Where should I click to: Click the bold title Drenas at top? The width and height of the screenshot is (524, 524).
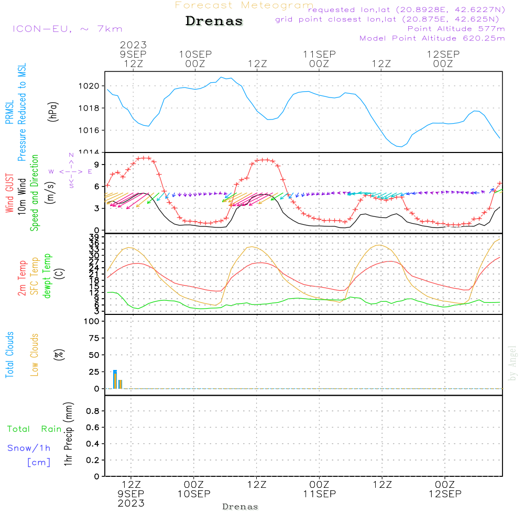(214, 21)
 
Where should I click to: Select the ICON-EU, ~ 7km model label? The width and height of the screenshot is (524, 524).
(67, 29)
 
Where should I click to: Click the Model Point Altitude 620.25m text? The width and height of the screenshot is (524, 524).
(432, 38)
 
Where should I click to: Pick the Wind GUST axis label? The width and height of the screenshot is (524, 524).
(9, 194)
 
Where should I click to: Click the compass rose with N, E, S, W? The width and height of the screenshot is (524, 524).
(71, 171)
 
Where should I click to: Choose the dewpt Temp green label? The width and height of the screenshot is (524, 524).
(47, 276)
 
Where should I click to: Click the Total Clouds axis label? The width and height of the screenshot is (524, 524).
(9, 355)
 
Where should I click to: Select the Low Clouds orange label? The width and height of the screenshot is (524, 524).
(35, 355)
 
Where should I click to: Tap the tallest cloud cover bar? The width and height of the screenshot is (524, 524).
(115, 379)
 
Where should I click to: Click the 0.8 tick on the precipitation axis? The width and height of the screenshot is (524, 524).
(93, 411)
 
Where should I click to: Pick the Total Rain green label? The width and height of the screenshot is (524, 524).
(35, 429)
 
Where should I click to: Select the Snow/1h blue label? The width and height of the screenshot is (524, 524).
(29, 448)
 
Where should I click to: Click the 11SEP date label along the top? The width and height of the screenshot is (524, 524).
(319, 54)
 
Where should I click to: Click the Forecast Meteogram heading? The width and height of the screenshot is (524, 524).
(244, 5)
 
